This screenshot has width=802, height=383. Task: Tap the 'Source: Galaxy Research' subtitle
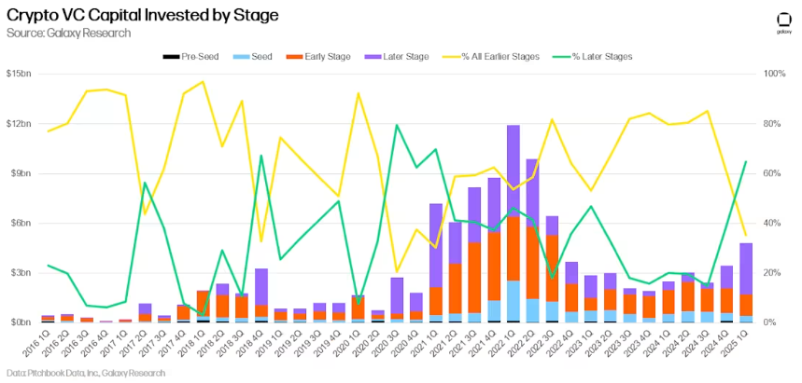click(68, 34)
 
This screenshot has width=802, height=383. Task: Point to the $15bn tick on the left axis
click(18, 74)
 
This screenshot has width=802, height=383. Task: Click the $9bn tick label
click(20, 173)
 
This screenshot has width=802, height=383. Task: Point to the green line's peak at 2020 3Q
click(398, 125)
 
